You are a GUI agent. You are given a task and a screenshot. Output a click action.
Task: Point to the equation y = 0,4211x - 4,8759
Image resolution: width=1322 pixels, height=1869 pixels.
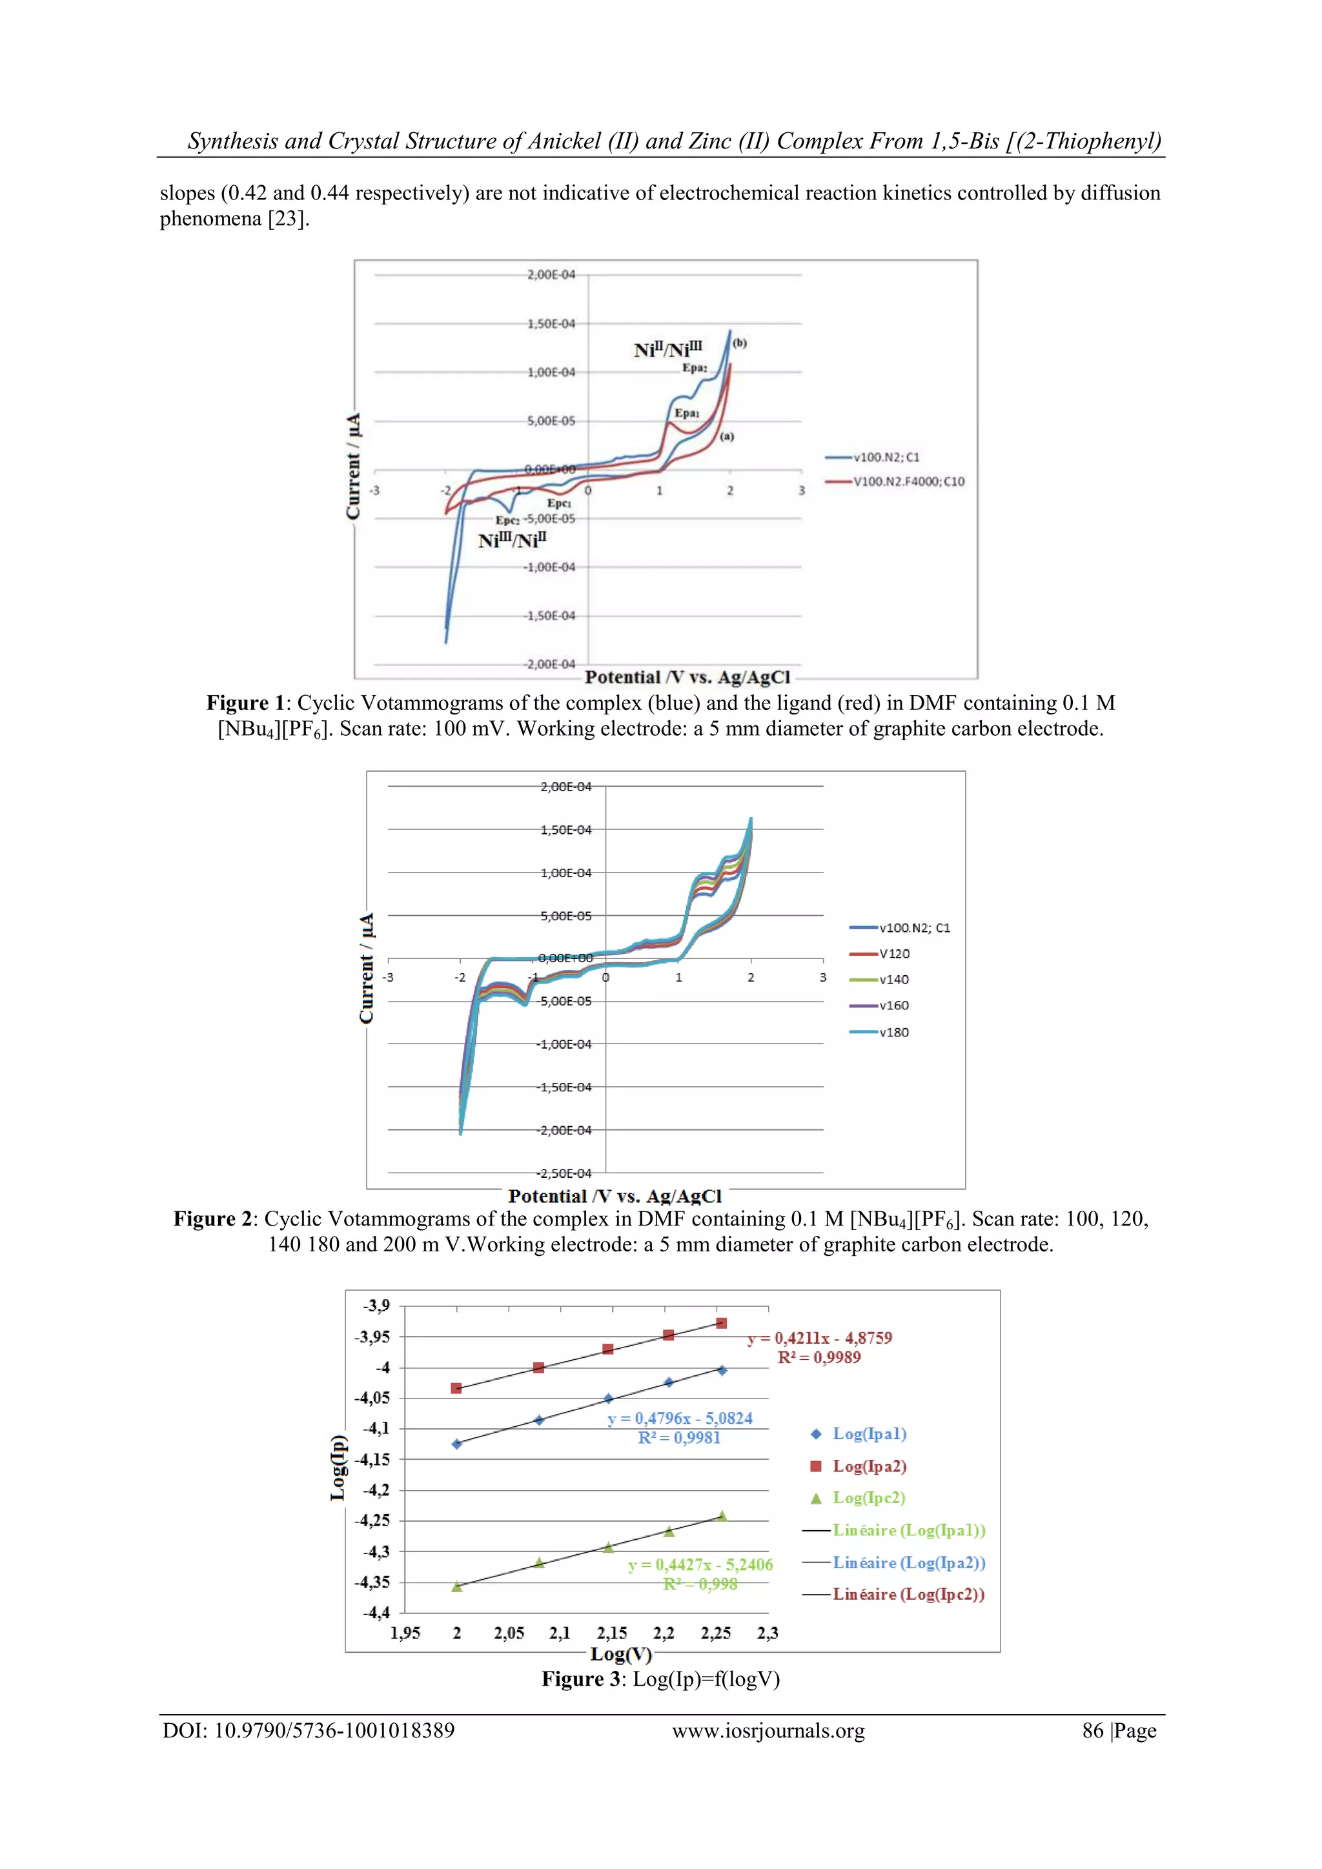point(820,1337)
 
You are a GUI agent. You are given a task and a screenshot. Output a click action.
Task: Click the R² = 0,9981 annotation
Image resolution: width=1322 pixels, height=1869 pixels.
point(679,1437)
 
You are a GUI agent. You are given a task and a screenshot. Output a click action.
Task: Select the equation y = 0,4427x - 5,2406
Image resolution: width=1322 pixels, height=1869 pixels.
point(700,1564)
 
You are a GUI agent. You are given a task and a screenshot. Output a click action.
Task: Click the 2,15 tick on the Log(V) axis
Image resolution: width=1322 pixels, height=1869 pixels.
point(612,1633)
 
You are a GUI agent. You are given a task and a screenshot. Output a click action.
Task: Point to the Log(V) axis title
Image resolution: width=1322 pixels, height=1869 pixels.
point(621,1654)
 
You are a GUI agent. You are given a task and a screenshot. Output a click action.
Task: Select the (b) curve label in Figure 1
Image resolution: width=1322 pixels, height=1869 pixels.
point(739,343)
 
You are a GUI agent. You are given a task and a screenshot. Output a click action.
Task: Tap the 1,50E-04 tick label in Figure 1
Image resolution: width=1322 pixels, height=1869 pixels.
point(551,323)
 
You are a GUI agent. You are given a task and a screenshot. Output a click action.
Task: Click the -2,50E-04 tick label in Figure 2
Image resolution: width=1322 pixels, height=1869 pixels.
point(564,1173)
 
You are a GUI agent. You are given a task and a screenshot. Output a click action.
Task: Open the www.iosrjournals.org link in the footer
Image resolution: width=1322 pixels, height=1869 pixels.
point(768,1731)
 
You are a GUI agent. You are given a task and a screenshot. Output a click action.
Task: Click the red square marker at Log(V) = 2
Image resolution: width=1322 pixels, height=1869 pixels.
point(456,1388)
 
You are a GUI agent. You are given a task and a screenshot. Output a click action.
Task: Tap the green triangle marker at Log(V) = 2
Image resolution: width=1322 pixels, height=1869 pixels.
point(456,1586)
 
